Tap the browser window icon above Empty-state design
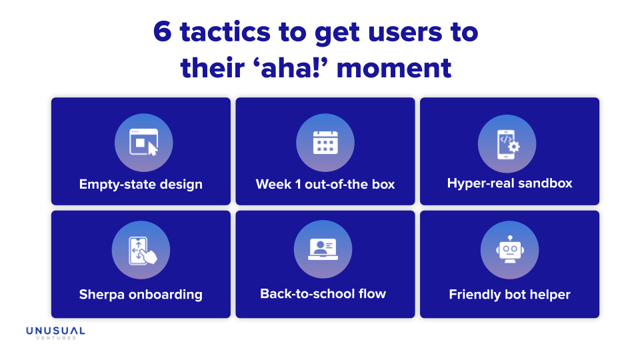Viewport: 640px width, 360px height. coord(143,142)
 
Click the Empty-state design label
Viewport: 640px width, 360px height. coord(141,184)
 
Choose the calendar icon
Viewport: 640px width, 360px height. coord(325,142)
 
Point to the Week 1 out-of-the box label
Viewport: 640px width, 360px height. coord(325,184)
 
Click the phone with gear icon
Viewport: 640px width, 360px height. coord(507,142)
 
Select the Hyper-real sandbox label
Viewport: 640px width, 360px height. coord(509,183)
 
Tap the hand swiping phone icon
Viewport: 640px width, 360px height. coord(141,249)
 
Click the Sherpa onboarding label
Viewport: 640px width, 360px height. coord(141,294)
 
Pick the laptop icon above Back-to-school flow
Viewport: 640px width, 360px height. coord(323,249)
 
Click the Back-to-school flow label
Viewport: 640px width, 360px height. coord(323,293)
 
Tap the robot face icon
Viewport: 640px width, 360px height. coord(509,249)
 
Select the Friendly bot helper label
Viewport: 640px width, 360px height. coord(509,294)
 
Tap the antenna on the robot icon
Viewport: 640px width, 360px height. coord(509,237)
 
